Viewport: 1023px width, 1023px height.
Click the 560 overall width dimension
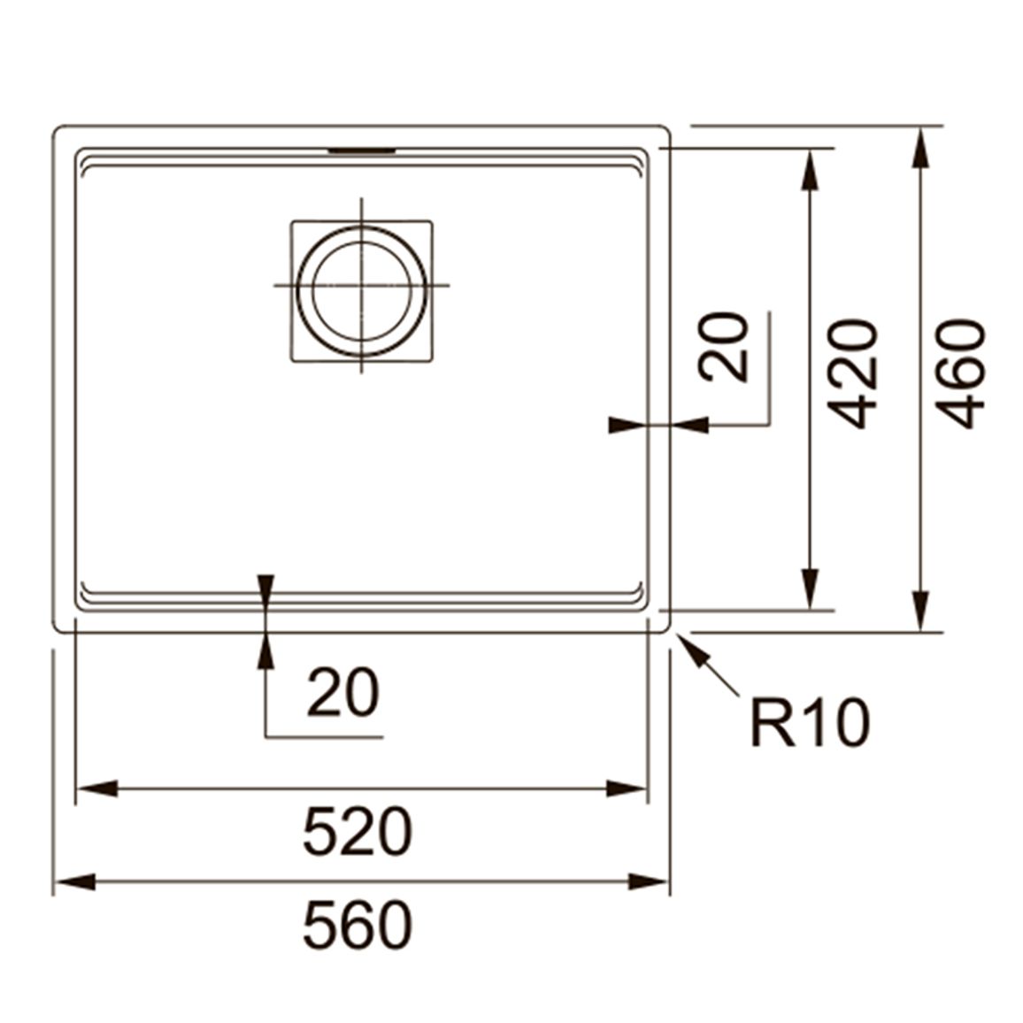358,925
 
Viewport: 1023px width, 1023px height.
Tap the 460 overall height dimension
959,373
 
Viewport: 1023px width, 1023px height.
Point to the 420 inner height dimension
851,373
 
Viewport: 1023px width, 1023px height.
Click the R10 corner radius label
810,722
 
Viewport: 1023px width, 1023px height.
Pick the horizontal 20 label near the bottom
342,691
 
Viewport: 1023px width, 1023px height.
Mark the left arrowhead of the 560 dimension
74,882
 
